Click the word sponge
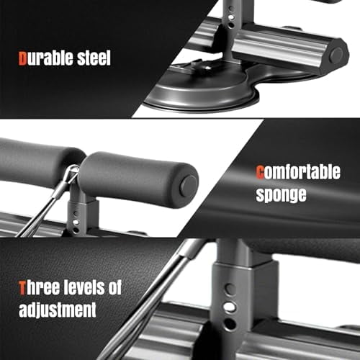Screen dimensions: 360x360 tap(282, 194)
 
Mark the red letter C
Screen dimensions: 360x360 tap(261, 173)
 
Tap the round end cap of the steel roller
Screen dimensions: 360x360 tap(336, 55)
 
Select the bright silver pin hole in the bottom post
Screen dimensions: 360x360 tap(229, 307)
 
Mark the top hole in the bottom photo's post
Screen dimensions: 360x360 tap(229, 289)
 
